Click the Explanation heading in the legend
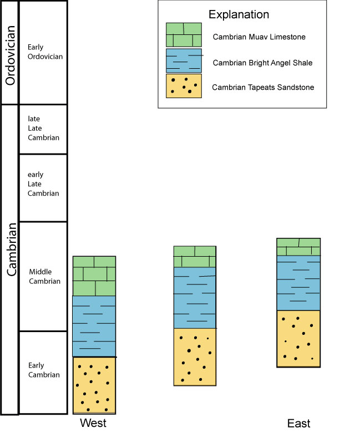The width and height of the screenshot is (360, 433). [239, 14]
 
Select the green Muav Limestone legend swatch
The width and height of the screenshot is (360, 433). [184, 35]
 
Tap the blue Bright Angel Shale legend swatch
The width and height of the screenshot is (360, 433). [184, 61]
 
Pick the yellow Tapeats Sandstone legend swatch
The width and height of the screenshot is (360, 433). [184, 86]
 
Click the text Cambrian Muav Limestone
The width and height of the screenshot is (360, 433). [259, 37]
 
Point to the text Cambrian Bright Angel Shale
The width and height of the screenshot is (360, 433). [262, 63]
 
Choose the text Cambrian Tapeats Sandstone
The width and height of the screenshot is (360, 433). [263, 87]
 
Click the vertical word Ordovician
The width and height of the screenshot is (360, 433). [10, 55]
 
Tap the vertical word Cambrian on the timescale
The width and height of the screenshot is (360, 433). [12, 249]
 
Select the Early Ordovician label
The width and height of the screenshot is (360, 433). [45, 52]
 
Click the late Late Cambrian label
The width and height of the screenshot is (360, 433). [43, 128]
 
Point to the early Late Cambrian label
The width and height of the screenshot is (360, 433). [43, 184]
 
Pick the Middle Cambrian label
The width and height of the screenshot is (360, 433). [44, 277]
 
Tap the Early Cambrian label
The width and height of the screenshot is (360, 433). [44, 370]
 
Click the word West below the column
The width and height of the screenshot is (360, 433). [93, 423]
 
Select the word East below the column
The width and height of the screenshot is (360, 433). [298, 424]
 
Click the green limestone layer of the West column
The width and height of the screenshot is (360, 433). [94, 276]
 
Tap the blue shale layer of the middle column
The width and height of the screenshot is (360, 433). [195, 298]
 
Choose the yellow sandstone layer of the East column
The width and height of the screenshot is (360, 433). [298, 339]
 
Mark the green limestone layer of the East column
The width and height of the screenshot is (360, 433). [298, 247]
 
